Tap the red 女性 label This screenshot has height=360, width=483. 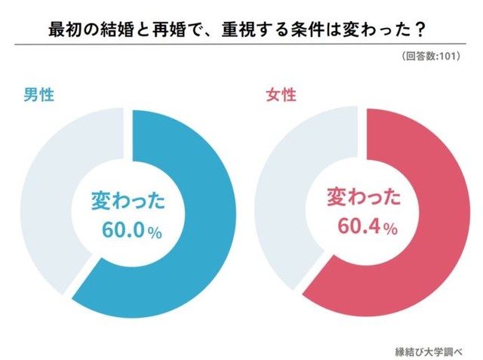[281, 96]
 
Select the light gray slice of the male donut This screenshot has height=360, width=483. [45, 189]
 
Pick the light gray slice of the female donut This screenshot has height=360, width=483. [279, 189]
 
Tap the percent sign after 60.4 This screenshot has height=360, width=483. [389, 231]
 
